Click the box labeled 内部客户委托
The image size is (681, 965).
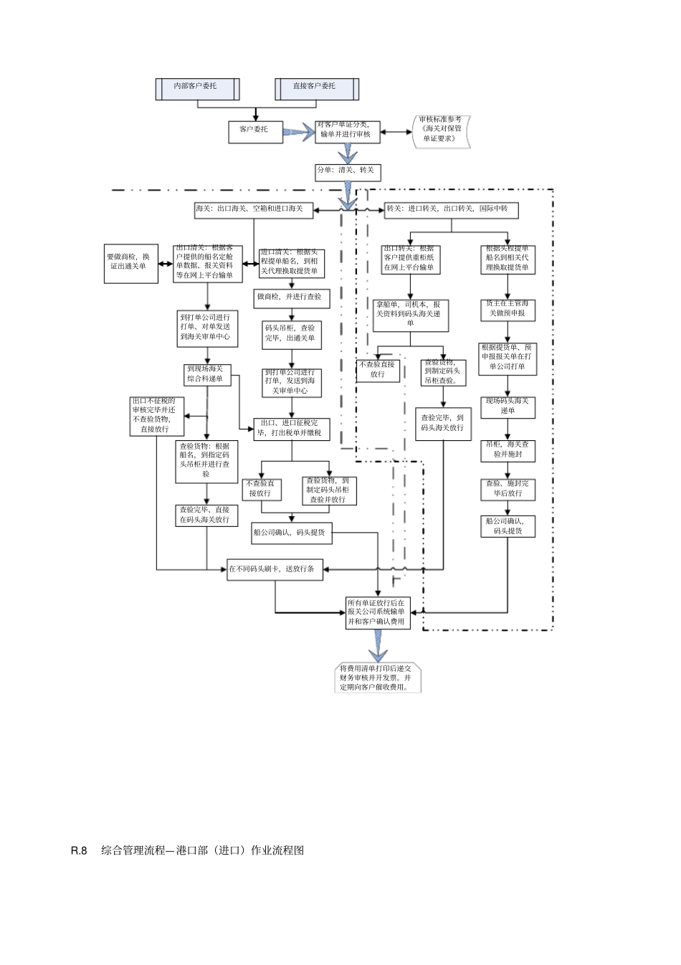(197, 87)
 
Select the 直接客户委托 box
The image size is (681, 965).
(316, 87)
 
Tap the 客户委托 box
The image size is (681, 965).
(255, 130)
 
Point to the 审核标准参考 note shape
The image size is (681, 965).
(442, 130)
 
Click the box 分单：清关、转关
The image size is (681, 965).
(348, 171)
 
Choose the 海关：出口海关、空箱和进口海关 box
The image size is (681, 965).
(253, 209)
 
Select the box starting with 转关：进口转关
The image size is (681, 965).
(450, 209)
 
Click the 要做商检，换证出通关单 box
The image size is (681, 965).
(131, 262)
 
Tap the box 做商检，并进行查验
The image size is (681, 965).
(290, 297)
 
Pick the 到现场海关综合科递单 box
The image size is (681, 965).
(207, 374)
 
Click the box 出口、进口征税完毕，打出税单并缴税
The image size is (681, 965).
(291, 429)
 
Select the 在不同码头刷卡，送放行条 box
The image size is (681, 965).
(275, 569)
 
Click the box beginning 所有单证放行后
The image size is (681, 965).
(377, 612)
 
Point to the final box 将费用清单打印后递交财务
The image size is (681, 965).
(378, 678)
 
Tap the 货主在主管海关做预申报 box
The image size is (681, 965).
(508, 309)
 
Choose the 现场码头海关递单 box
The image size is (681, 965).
(508, 407)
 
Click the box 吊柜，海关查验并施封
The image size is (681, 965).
(508, 450)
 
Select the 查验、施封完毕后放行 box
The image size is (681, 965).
(508, 489)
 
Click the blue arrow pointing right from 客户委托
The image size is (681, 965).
(300, 130)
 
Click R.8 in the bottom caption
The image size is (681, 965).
(79, 850)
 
